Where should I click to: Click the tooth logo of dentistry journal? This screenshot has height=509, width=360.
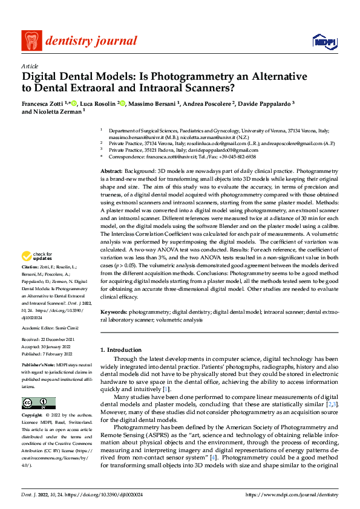click(31, 41)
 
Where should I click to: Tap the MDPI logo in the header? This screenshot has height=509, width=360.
click(321, 41)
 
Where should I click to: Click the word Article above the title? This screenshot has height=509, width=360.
click(30, 66)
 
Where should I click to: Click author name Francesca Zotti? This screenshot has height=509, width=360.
click(44, 104)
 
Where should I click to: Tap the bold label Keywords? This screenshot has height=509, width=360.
click(114, 312)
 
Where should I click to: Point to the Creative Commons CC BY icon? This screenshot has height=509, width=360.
click(38, 403)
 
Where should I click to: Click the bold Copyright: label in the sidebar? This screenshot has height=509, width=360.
click(33, 416)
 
